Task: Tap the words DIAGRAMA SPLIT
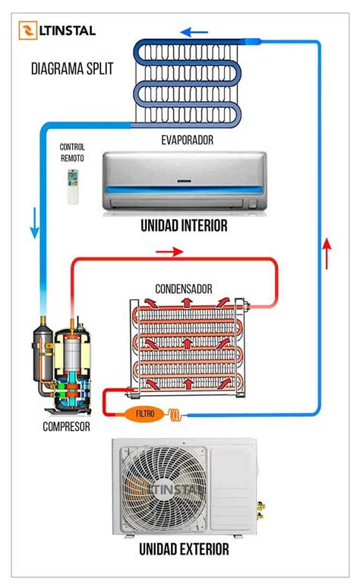coord(72,68)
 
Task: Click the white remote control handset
coord(73,186)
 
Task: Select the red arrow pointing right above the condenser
coord(169,251)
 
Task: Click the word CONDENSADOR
coord(184,289)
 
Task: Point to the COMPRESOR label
coord(66,427)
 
